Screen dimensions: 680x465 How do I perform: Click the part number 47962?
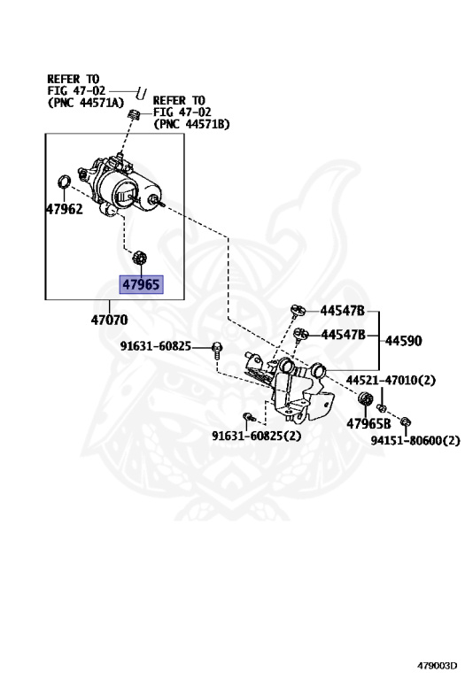pos(64,211)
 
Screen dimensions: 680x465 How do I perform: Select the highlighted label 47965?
pos(142,285)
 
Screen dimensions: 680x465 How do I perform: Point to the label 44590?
pos(404,340)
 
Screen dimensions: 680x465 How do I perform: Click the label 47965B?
pos(368,423)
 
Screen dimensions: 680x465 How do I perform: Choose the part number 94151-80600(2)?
pos(415,439)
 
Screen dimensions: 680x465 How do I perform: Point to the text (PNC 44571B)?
pos(191,124)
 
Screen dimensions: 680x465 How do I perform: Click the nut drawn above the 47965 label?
pos(138,259)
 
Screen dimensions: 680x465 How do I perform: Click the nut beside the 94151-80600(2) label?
pos(406,421)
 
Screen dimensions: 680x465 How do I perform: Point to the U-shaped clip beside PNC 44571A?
pos(140,91)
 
